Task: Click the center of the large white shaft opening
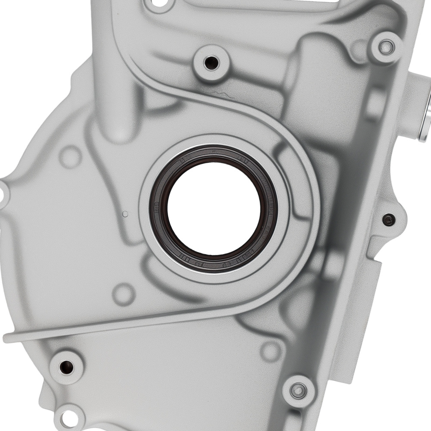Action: coord(214,209)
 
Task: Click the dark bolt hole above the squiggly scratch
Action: coord(211,63)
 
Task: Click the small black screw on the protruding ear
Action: coord(389,219)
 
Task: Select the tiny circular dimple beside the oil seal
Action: coord(125,214)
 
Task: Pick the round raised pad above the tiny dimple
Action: coord(70,156)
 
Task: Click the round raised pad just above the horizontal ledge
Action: coord(124,294)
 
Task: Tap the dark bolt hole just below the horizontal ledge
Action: coord(66,367)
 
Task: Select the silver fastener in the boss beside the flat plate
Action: coord(298,391)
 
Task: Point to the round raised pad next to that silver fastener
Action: coord(271,351)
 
